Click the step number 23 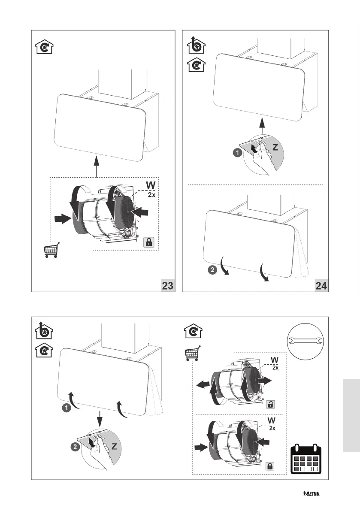point(168,285)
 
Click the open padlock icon point(271,404)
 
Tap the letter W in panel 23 point(151,185)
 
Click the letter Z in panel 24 point(276,147)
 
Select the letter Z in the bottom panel point(115,446)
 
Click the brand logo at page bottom point(311,494)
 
